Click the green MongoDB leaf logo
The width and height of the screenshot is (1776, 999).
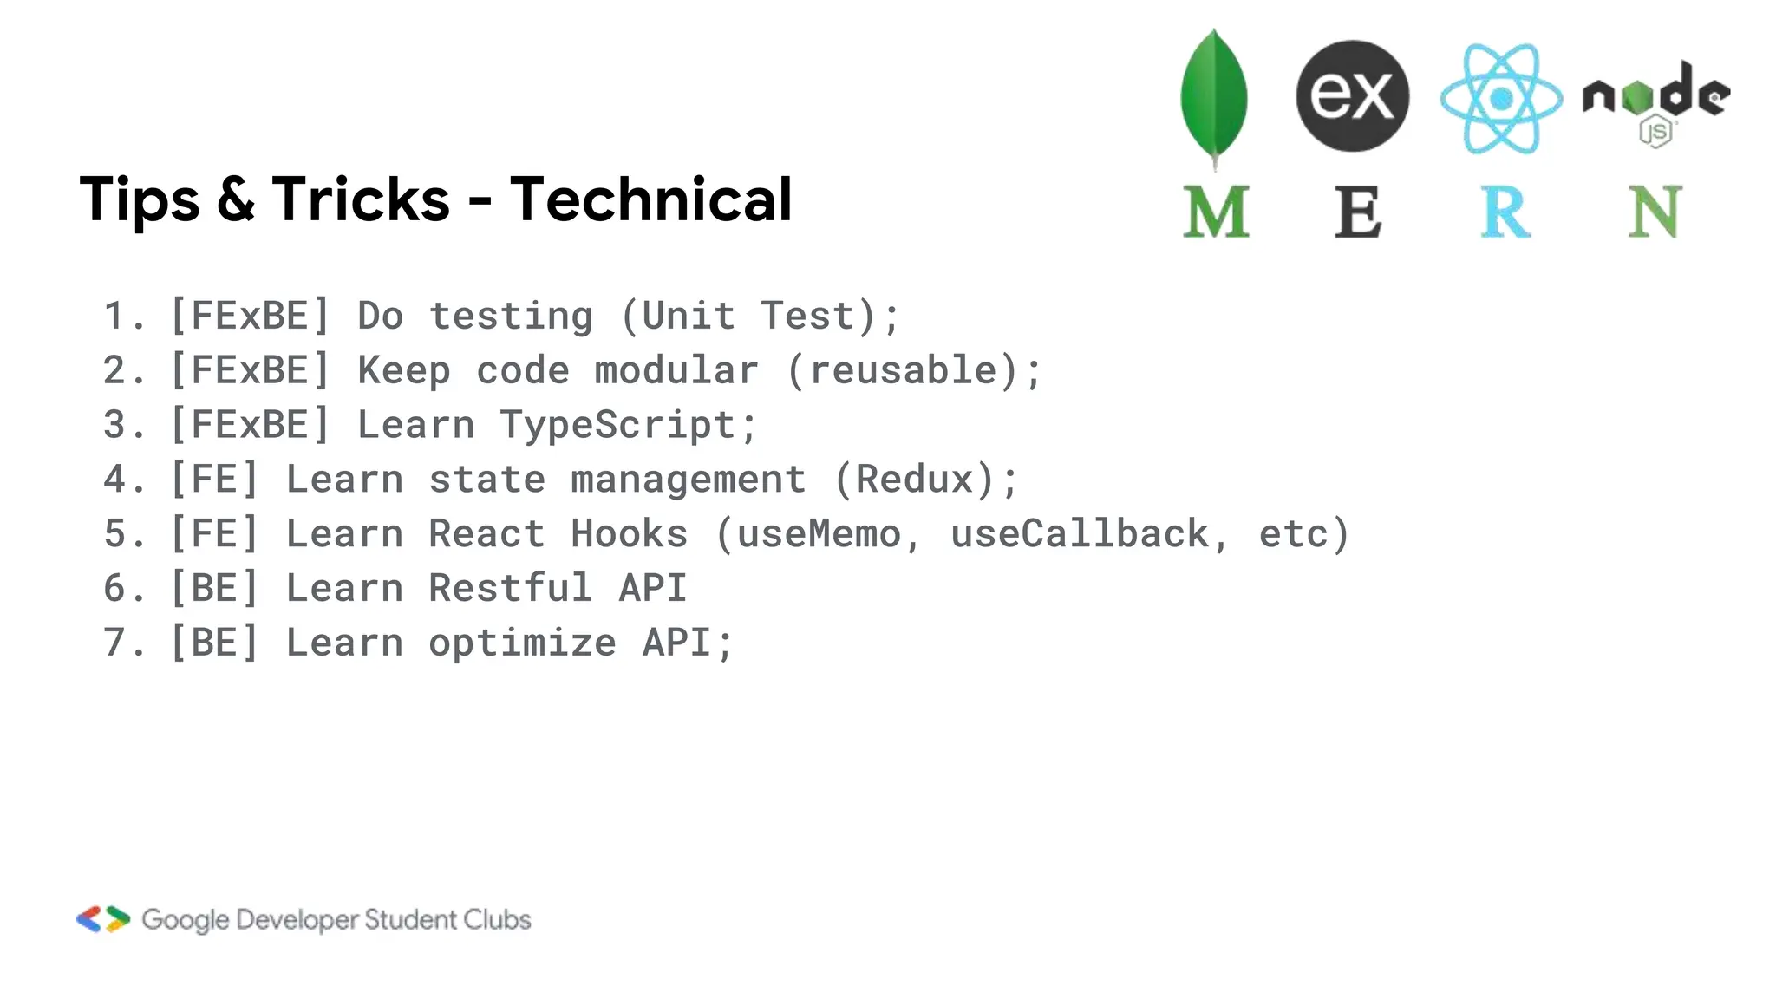(x=1214, y=95)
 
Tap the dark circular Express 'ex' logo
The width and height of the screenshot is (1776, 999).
(x=1352, y=95)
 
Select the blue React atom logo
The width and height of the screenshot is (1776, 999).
(x=1501, y=98)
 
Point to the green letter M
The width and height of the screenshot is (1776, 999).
(x=1216, y=212)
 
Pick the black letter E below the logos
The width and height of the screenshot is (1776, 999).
(x=1357, y=212)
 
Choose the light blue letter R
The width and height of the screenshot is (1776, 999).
(x=1505, y=212)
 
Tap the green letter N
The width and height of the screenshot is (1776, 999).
(x=1655, y=212)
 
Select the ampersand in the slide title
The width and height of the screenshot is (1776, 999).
(x=235, y=199)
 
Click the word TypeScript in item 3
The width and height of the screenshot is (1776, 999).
(x=617, y=425)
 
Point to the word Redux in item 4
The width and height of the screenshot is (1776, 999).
(x=915, y=480)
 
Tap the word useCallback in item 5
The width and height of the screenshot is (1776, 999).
(x=1080, y=534)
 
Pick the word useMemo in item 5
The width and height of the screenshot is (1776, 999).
(x=819, y=534)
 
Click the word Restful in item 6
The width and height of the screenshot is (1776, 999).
(x=511, y=589)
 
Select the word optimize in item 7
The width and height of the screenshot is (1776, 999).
(x=522, y=643)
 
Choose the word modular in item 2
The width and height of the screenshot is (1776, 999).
(x=676, y=370)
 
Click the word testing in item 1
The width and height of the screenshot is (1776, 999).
(x=511, y=316)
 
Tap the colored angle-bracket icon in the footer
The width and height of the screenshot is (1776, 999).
(x=103, y=919)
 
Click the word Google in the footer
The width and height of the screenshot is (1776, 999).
(x=186, y=920)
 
